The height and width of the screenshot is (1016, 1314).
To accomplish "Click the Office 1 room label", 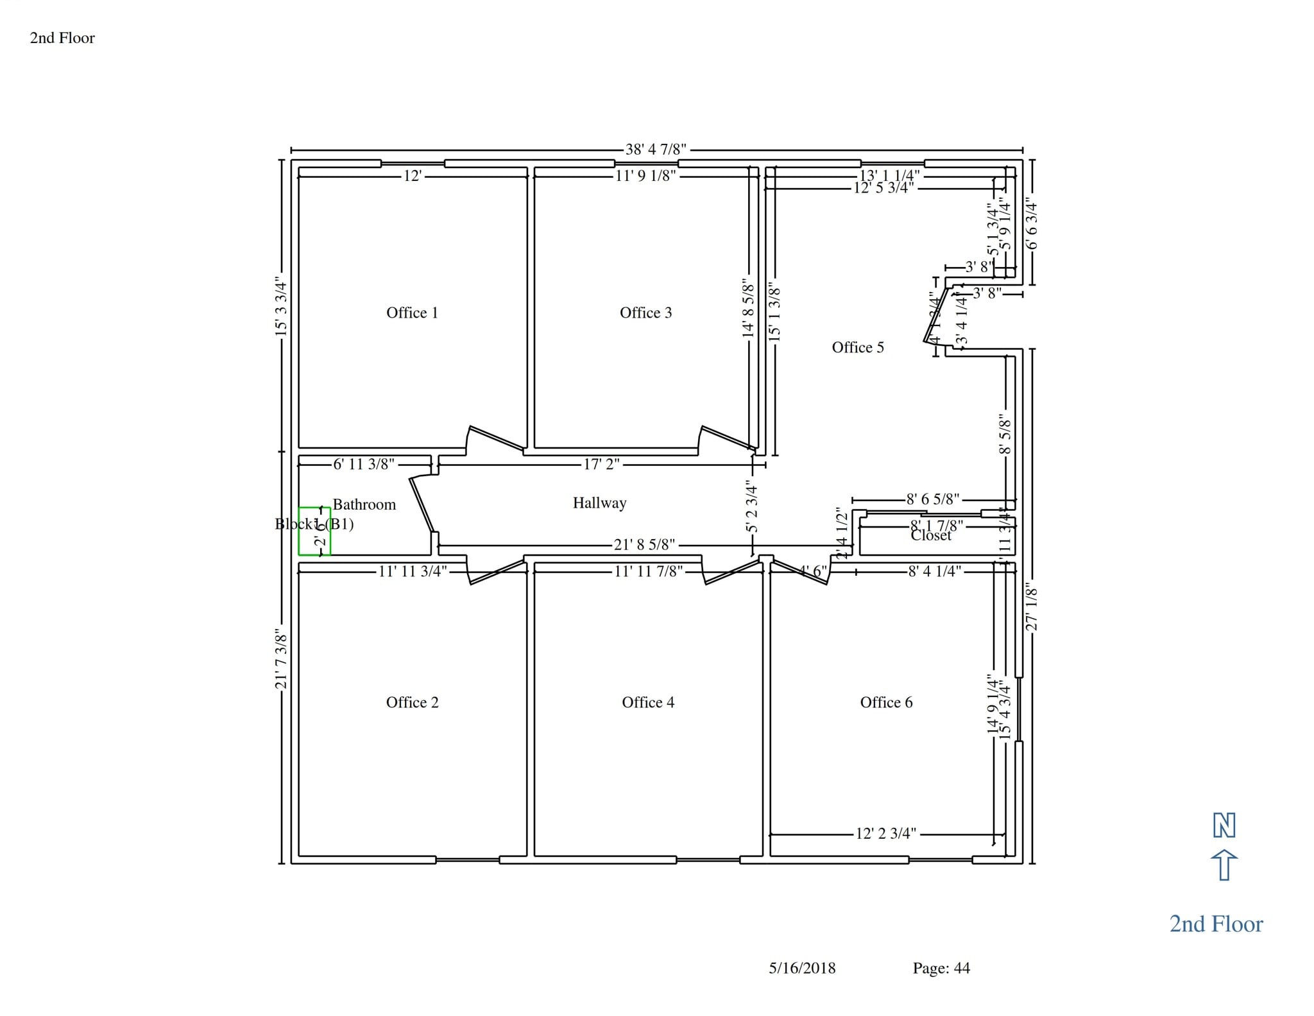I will tap(412, 313).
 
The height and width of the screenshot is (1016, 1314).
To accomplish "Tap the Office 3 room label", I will tap(645, 313).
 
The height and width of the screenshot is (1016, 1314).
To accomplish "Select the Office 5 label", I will tap(858, 347).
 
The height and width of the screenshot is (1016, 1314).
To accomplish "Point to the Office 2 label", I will tap(412, 702).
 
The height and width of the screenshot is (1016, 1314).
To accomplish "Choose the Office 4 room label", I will tap(648, 702).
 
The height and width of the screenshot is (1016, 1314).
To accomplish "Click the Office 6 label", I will tap(886, 702).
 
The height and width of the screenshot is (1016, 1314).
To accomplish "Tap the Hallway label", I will tap(599, 503).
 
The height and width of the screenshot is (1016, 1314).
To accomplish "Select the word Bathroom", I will tap(364, 504).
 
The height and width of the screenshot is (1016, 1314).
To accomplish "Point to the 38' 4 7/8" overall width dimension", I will tap(656, 150).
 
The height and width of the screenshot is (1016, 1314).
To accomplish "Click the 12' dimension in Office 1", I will tap(412, 176).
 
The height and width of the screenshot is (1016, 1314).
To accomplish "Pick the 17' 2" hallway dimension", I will tap(601, 464).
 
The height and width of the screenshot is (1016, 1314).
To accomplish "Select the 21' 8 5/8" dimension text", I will tap(644, 545).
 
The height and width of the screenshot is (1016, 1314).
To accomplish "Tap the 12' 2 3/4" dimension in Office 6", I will tap(886, 834).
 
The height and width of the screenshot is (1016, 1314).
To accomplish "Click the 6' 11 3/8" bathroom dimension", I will tap(363, 464).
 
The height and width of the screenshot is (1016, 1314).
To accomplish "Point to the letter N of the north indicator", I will tap(1224, 825).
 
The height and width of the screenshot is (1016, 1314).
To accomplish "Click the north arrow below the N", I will tap(1224, 865).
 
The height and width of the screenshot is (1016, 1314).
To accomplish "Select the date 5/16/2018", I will tap(802, 968).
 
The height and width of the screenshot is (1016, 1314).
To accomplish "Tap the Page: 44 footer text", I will tap(941, 968).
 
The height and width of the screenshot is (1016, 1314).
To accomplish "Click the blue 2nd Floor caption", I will tap(1216, 924).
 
